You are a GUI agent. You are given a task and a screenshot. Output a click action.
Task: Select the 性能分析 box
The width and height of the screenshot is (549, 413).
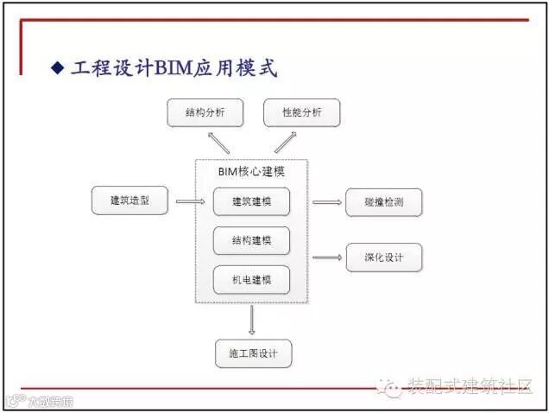(302, 112)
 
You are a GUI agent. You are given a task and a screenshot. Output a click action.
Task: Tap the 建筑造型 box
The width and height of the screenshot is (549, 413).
(129, 201)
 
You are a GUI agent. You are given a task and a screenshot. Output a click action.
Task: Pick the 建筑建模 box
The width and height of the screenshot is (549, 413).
(251, 201)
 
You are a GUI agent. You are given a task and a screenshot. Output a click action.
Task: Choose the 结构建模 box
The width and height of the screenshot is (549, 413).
(251, 241)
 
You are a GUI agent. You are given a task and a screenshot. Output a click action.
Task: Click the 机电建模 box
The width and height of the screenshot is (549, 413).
(251, 280)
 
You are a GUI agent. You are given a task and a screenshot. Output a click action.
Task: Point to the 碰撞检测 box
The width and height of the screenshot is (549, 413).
(384, 202)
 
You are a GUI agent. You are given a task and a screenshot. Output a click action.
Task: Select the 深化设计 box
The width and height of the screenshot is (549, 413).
(384, 257)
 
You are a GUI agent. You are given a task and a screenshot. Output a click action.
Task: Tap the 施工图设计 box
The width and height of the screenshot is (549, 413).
(253, 353)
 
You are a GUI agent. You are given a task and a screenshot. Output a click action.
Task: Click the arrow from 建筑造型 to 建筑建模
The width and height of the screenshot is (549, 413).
(190, 202)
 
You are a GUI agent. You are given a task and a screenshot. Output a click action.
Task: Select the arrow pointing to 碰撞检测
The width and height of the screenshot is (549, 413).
(327, 202)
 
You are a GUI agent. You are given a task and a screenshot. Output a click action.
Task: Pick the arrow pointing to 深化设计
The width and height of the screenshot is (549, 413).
(327, 257)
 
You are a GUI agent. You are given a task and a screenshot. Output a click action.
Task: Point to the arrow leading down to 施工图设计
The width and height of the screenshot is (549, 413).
(251, 320)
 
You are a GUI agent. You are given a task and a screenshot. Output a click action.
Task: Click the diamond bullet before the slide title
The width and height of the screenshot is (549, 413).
(58, 67)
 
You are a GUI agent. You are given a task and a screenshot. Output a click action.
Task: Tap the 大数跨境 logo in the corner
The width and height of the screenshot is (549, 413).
(39, 401)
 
